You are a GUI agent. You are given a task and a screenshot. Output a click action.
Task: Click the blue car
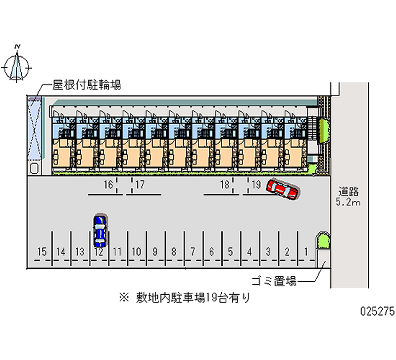99,230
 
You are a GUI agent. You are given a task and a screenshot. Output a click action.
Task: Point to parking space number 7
193,251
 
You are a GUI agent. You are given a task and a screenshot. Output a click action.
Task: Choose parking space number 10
137,251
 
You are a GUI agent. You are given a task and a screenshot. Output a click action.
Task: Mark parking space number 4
249,251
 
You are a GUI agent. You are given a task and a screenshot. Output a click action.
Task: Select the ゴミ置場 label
274,282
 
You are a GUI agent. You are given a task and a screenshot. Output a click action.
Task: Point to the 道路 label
348,192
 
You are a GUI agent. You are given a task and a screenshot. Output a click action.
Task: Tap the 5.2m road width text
348,202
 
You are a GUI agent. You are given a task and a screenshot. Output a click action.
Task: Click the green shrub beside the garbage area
323,241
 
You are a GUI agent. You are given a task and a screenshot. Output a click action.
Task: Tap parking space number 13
80,251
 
